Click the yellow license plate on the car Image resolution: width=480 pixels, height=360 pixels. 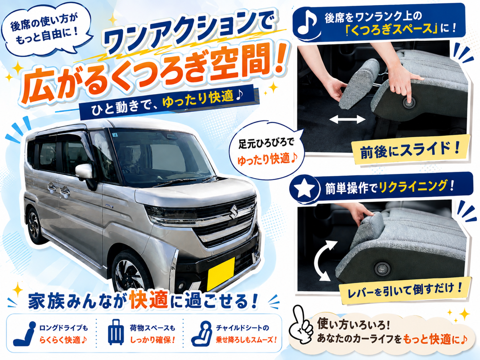(221, 274)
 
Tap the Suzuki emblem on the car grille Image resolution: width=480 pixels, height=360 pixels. (233, 211)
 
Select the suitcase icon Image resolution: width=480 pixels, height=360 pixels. (116, 332)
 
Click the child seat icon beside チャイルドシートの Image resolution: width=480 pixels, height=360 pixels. (202, 333)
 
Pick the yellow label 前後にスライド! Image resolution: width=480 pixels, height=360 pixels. (410, 150)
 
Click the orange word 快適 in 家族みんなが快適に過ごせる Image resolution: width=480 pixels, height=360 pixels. (149, 300)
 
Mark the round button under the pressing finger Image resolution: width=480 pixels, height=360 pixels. (409, 103)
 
